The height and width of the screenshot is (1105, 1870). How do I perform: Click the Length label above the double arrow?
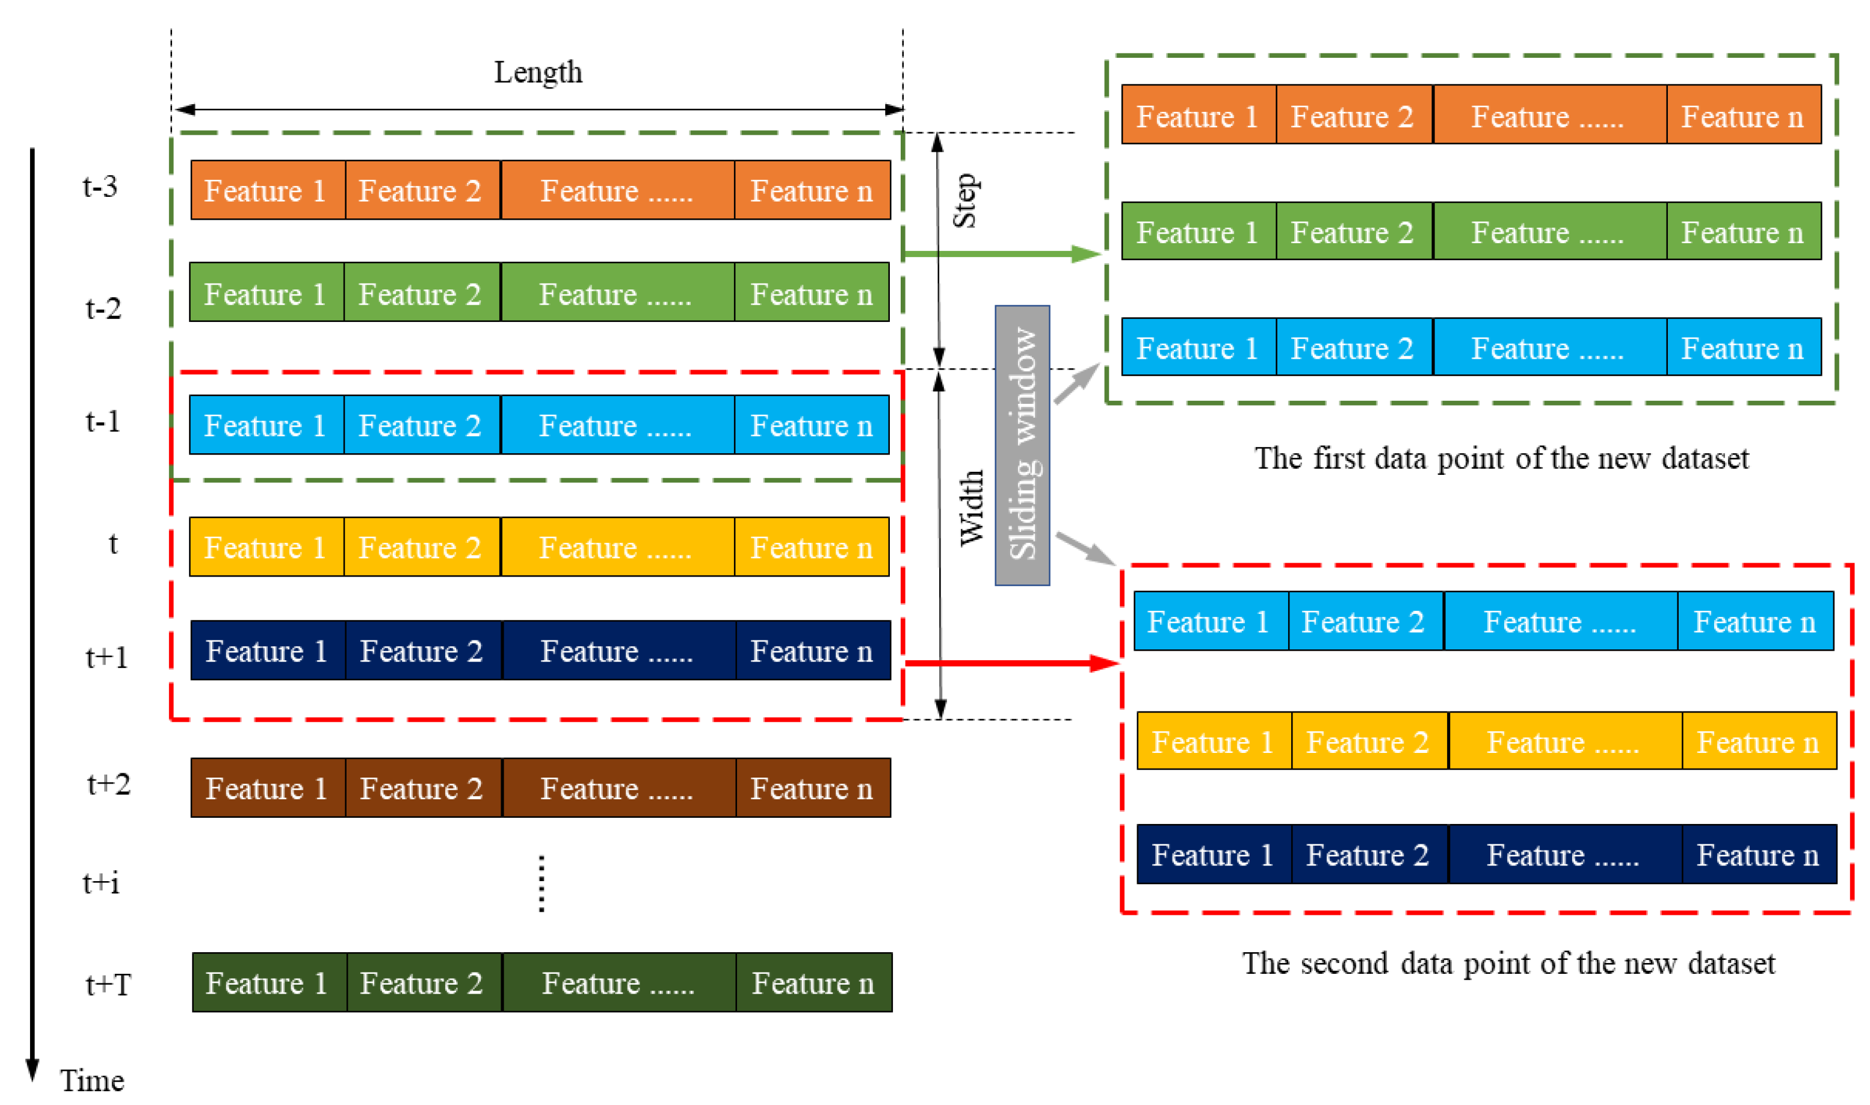pyautogui.click(x=538, y=73)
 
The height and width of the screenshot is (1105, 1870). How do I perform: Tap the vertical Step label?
pyautogui.click(x=966, y=201)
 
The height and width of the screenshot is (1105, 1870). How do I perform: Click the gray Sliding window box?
pyautogui.click(x=1022, y=445)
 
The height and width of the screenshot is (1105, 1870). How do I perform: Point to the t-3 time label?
pyautogui.click(x=100, y=186)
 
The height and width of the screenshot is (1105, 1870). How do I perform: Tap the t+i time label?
pyautogui.click(x=101, y=882)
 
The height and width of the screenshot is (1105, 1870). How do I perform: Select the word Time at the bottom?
pyautogui.click(x=92, y=1080)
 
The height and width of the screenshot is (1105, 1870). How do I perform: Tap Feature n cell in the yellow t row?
pyautogui.click(x=812, y=547)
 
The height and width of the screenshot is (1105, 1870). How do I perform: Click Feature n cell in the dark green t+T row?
pyautogui.click(x=813, y=983)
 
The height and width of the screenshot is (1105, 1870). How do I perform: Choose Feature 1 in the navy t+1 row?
pyautogui.click(x=267, y=651)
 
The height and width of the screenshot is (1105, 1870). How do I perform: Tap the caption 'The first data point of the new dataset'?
pyautogui.click(x=1502, y=458)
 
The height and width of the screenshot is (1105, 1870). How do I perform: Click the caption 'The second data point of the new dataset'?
pyautogui.click(x=1508, y=963)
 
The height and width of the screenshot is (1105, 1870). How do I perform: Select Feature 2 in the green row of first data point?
pyautogui.click(x=1353, y=232)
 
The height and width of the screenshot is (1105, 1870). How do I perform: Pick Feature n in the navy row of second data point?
pyautogui.click(x=1757, y=854)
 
